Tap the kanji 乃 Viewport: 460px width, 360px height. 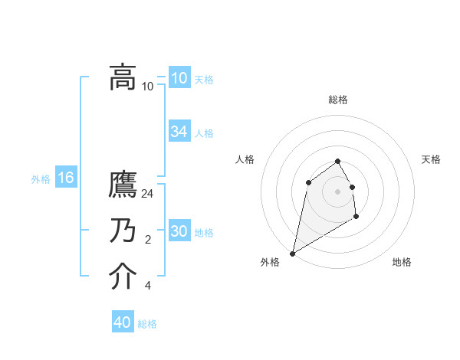[x=123, y=231]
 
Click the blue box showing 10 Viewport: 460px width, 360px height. [x=179, y=78]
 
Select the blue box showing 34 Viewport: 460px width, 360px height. [x=179, y=132]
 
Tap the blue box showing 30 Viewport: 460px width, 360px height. [x=179, y=231]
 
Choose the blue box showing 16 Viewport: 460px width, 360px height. [x=66, y=178]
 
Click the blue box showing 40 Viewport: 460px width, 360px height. [x=123, y=322]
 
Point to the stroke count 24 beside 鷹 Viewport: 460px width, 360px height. [x=149, y=194]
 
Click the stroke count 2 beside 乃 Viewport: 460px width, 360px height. [x=148, y=241]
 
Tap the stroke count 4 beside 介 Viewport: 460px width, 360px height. [x=148, y=286]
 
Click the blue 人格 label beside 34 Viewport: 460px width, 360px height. [x=204, y=133]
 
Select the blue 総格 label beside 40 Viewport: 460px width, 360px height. [x=147, y=324]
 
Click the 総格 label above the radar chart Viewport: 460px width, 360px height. [x=338, y=100]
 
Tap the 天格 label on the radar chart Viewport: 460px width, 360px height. [x=432, y=159]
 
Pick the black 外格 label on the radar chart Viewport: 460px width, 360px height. [x=270, y=262]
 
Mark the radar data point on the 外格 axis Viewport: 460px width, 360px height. [x=292, y=254]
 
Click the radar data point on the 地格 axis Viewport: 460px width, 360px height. [x=356, y=217]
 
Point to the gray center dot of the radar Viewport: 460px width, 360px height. [x=337, y=191]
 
